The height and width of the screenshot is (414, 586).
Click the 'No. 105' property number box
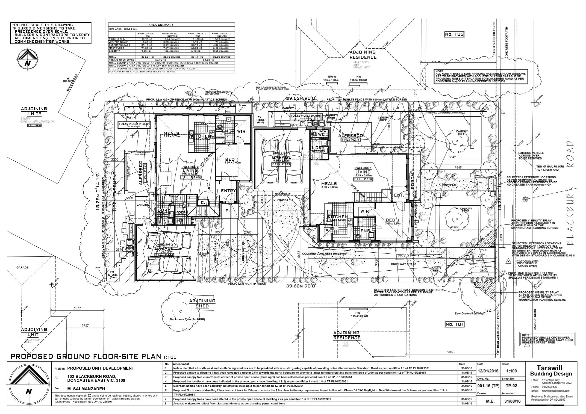[x=454, y=34]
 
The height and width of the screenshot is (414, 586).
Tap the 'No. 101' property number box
[x=454, y=324]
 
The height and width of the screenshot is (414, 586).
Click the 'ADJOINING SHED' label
[x=202, y=303]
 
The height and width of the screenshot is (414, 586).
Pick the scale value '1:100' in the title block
[x=511, y=371]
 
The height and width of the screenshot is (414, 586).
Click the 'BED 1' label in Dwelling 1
[x=391, y=220]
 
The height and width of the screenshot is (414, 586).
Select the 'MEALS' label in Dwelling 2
[x=171, y=133]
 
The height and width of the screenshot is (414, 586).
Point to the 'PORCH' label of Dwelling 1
[x=413, y=181]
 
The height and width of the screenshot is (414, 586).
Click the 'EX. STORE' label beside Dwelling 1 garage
[x=260, y=120]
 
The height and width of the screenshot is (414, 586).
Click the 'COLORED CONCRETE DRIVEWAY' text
[x=325, y=254]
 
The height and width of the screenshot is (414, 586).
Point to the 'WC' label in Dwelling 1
[x=321, y=134]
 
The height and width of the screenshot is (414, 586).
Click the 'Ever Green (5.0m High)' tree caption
[x=470, y=314]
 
